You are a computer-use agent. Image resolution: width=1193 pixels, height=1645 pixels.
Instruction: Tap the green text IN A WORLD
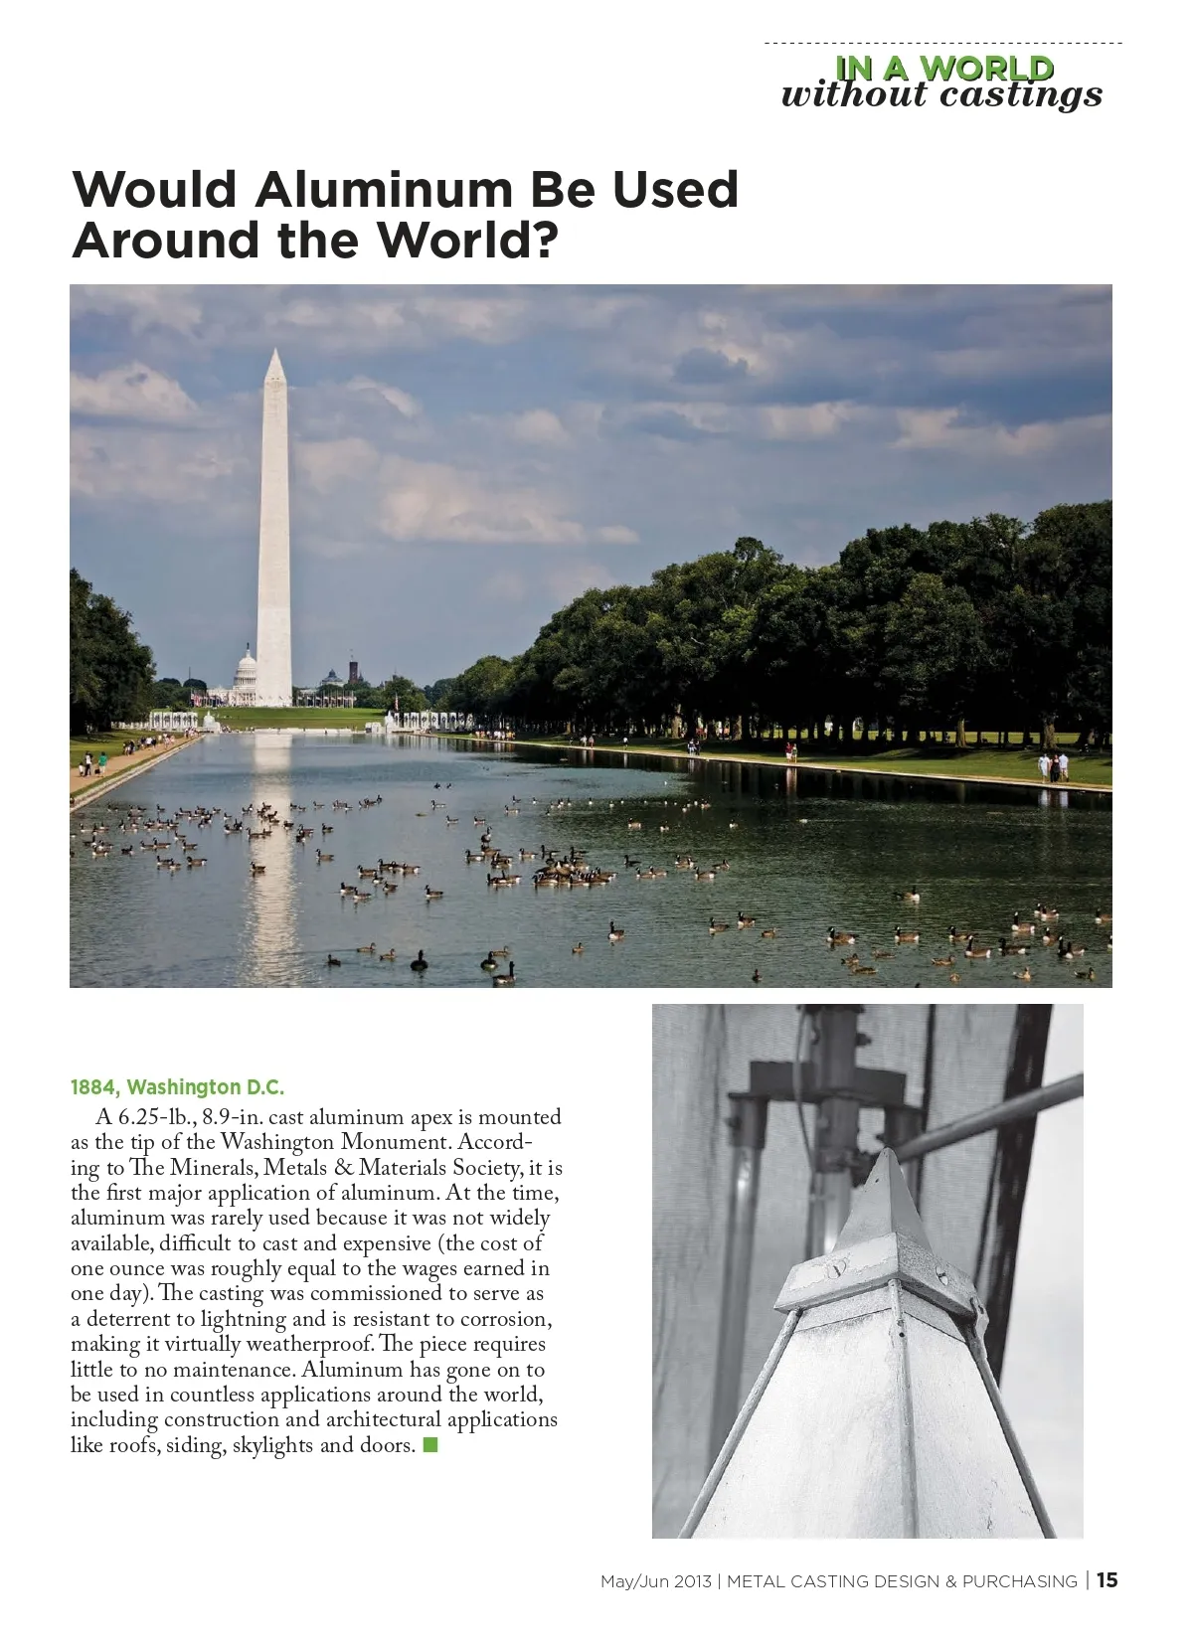coord(943,68)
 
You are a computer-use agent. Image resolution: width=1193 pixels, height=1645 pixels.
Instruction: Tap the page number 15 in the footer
coord(1108,1580)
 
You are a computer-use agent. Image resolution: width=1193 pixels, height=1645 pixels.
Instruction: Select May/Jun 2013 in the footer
coord(655,1581)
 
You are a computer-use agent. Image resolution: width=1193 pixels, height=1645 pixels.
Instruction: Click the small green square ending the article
coord(430,1445)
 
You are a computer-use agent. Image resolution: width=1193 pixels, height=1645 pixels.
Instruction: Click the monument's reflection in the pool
coord(271,845)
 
